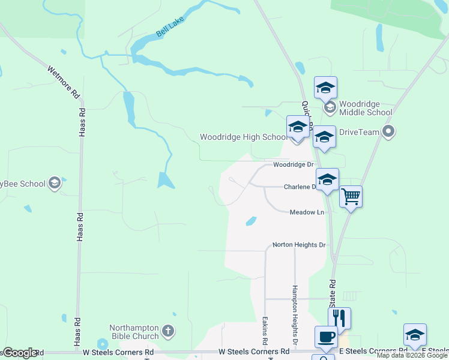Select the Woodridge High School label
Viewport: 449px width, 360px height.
click(x=244, y=137)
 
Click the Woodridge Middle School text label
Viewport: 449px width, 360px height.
click(x=366, y=107)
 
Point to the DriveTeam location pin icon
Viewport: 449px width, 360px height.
click(x=388, y=131)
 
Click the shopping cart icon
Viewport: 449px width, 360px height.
click(x=351, y=196)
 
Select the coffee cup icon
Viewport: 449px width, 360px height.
click(x=326, y=336)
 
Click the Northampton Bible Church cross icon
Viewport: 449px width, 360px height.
click(x=168, y=331)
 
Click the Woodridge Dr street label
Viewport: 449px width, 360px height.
click(x=294, y=164)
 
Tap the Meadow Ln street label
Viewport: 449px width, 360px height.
click(x=307, y=212)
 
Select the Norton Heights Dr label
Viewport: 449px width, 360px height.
click(x=298, y=245)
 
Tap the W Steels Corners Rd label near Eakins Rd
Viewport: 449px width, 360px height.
click(x=254, y=351)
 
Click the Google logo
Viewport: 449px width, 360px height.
click(x=19, y=353)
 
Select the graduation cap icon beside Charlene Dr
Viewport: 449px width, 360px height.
click(x=327, y=179)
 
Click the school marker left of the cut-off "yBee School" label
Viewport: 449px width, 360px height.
click(x=55, y=184)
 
